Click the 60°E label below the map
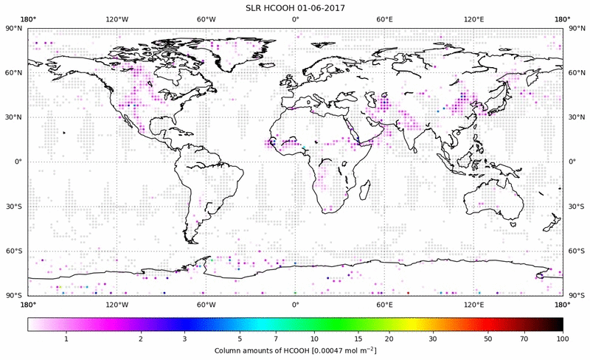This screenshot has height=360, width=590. pos(384,304)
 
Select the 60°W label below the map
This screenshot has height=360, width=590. pos(206,304)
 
